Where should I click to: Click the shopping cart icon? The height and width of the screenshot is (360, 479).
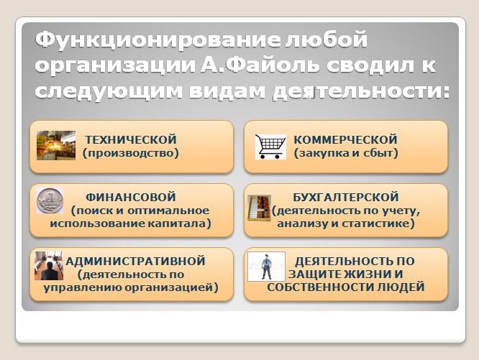tap(270, 147)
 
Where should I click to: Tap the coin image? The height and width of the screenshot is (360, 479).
tap(50, 200)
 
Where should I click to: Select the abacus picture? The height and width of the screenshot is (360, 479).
tap(259, 208)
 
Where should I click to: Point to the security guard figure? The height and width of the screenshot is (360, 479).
tap(266, 267)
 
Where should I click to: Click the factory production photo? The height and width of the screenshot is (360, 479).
tap(56, 146)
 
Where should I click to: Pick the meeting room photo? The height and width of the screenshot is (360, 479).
tap(49, 266)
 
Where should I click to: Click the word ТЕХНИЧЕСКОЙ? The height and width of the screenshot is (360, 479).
tap(131, 139)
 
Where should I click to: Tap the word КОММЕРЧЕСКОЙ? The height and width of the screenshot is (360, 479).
tap(345, 139)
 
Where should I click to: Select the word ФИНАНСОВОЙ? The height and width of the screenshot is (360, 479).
tap(131, 197)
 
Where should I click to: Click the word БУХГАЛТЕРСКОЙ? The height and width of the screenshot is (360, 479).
tap(346, 197)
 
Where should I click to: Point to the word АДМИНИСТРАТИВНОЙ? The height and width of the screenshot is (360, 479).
tap(135, 261)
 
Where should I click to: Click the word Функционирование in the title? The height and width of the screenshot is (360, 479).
tap(158, 40)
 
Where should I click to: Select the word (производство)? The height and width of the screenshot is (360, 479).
tap(131, 153)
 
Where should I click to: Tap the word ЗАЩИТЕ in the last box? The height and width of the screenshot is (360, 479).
tap(314, 274)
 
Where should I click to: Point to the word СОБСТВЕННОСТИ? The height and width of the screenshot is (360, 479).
tap(320, 287)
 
